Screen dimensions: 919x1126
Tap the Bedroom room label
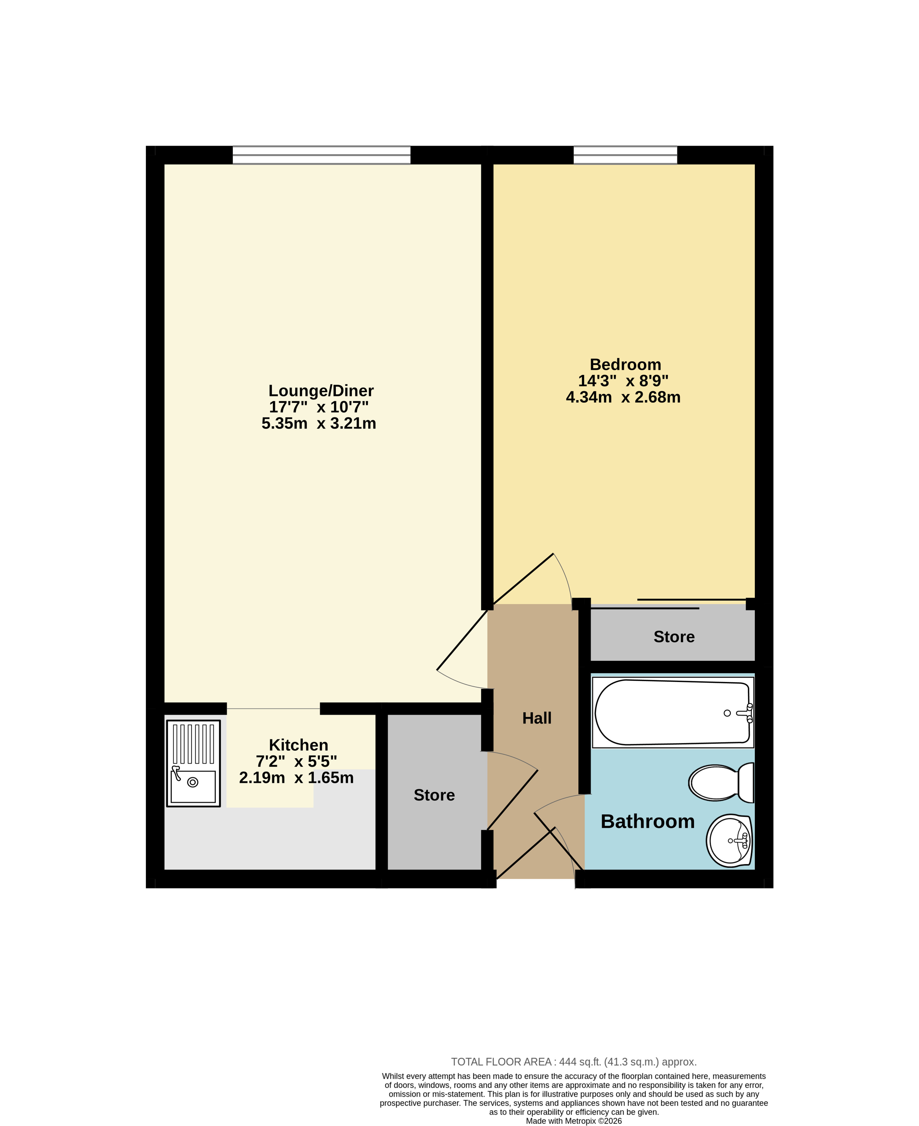(x=625, y=364)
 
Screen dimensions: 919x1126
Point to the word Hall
(x=537, y=718)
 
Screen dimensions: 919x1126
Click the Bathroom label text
(x=648, y=821)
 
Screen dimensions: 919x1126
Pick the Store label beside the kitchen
(x=434, y=795)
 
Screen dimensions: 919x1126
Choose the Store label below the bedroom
(x=674, y=637)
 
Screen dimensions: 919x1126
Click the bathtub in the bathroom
(x=673, y=713)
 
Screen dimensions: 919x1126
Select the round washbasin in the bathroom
(x=729, y=841)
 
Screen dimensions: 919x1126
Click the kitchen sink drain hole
(x=193, y=782)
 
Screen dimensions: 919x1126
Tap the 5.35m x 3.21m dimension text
(x=319, y=424)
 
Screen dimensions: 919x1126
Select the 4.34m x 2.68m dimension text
(x=623, y=397)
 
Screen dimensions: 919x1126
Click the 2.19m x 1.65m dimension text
(x=297, y=778)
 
